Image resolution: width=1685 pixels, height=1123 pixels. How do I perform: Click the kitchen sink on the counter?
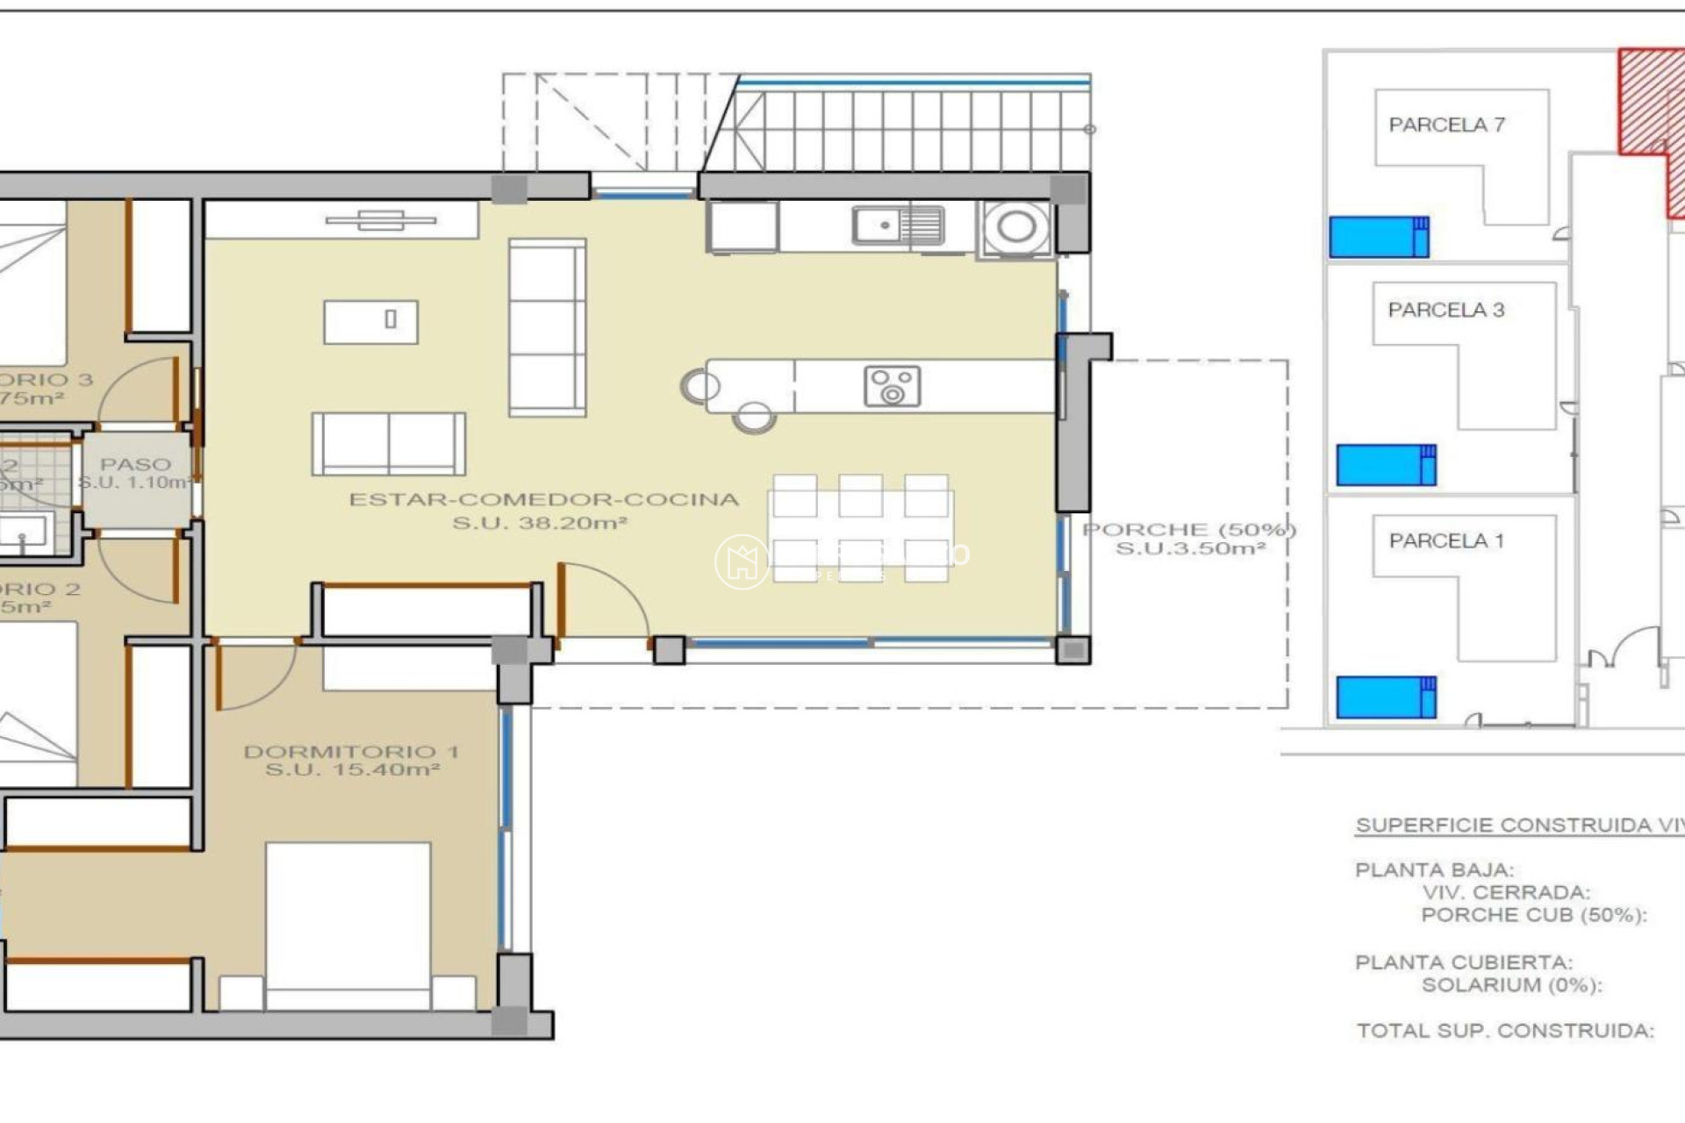click(x=897, y=226)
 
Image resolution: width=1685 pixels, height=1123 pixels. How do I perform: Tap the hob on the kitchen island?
click(x=892, y=387)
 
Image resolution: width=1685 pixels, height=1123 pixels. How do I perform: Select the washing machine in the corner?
click(x=1015, y=228)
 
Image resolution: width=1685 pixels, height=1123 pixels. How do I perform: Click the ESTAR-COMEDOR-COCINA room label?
click(x=544, y=500)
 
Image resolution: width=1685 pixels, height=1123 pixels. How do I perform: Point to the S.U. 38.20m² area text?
click(x=540, y=524)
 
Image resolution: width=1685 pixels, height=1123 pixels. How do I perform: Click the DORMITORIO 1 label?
click(x=351, y=752)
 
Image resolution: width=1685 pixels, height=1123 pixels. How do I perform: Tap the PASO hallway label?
click(x=135, y=464)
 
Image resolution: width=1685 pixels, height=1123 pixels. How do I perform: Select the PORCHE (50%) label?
click(x=1189, y=530)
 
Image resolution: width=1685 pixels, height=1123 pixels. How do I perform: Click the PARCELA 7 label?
click(x=1446, y=125)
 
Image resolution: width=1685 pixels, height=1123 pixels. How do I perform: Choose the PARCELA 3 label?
click(x=1445, y=310)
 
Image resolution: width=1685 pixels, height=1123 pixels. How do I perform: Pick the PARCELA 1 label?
click(x=1445, y=541)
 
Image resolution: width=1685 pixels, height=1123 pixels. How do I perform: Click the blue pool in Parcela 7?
click(x=1379, y=237)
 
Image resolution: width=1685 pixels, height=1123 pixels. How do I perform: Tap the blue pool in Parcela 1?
click(x=1386, y=697)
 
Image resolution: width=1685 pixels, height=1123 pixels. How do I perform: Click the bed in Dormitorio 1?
click(x=348, y=921)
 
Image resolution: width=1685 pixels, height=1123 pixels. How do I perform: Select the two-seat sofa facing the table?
click(x=388, y=444)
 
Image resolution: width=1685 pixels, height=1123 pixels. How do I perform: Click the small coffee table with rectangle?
click(x=370, y=321)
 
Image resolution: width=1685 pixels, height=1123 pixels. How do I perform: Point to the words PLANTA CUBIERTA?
click(x=1463, y=962)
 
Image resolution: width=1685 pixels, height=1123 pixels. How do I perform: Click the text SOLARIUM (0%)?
click(x=1511, y=985)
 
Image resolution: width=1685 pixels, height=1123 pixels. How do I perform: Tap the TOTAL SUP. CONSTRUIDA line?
click(x=1504, y=1031)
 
